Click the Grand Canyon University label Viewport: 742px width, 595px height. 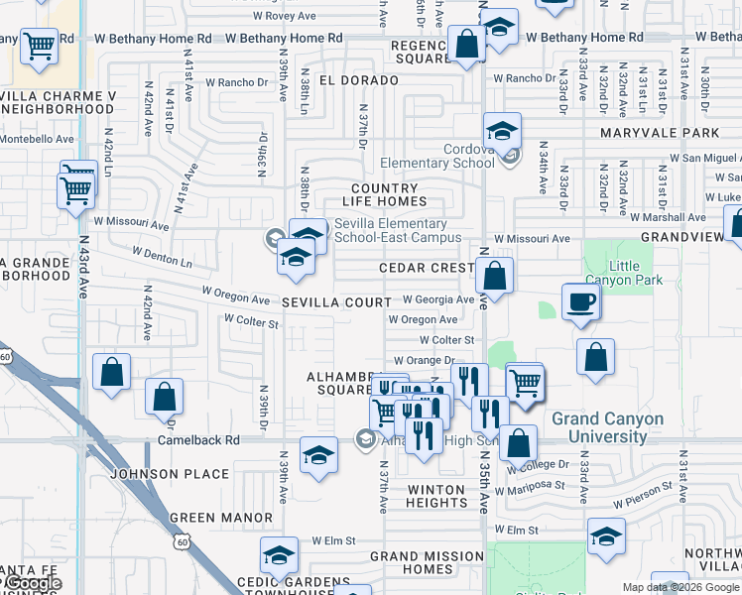pyautogui.click(x=607, y=427)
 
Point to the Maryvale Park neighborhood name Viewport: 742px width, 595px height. pyautogui.click(x=659, y=132)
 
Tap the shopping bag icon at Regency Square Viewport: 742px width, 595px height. pyautogui.click(x=465, y=45)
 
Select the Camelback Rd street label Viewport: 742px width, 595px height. pyautogui.click(x=198, y=439)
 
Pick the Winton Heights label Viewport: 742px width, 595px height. pyautogui.click(x=435, y=497)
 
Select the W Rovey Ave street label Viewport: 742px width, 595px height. pyautogui.click(x=285, y=15)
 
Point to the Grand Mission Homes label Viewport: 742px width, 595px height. pyautogui.click(x=425, y=562)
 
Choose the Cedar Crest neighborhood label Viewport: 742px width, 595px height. pyautogui.click(x=428, y=268)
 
